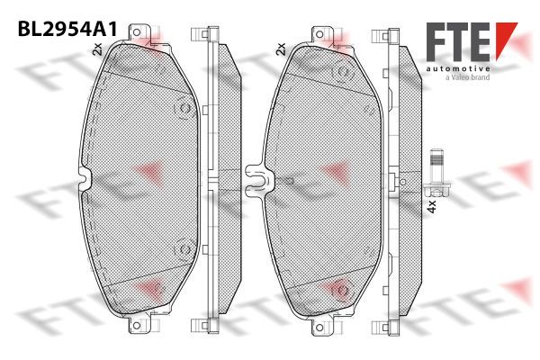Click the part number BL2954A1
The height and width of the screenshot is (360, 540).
67,29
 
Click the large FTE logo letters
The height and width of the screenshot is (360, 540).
458,42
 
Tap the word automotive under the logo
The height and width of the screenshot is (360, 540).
458,69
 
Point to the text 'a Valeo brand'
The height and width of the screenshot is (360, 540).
467,77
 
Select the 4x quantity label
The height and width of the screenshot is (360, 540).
432,207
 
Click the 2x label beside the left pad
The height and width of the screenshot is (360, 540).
98,49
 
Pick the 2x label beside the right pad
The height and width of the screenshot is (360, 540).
282,49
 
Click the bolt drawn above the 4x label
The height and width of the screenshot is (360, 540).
437,172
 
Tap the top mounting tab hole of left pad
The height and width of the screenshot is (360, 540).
137,32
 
